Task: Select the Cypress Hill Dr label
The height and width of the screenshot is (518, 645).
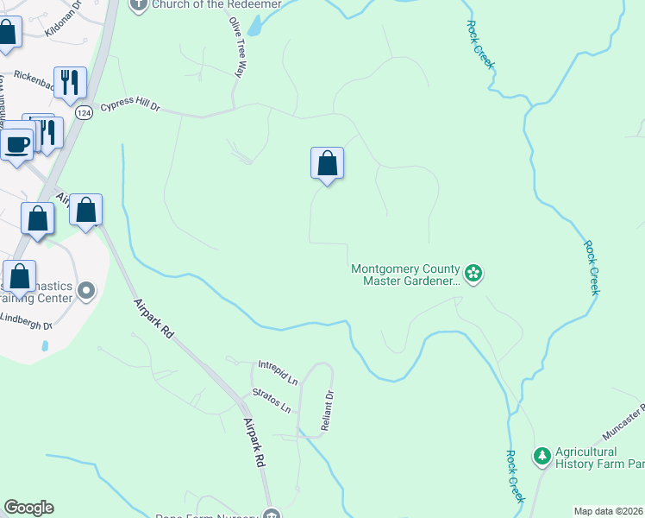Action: [130, 107]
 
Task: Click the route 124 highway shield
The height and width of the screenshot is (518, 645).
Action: [84, 113]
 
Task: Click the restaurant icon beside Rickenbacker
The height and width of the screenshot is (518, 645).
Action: [69, 83]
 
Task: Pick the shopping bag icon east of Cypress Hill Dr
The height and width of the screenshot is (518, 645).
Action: [327, 162]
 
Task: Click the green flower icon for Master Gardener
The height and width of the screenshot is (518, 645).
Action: [473, 274]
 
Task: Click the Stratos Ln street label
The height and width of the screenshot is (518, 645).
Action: [271, 399]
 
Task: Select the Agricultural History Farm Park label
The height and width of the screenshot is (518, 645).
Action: [598, 458]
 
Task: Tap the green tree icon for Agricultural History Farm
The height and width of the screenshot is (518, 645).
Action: [542, 455]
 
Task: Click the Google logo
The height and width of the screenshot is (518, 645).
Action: [28, 508]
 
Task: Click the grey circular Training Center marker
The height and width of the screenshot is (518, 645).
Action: [85, 290]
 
